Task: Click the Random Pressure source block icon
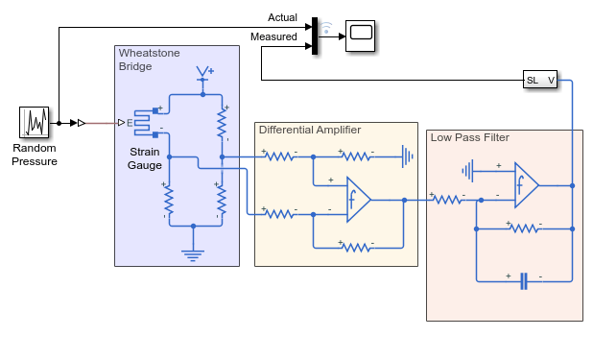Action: point(34,122)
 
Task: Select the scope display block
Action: point(361,36)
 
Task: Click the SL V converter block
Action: point(540,80)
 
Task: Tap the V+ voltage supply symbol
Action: point(204,73)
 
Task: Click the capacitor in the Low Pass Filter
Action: point(524,281)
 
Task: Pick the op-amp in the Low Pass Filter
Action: point(527,185)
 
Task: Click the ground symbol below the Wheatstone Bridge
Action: point(193,255)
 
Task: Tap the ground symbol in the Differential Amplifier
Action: point(408,156)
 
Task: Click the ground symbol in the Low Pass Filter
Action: point(467,171)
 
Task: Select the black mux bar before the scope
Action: point(315,36)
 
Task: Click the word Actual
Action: point(282,17)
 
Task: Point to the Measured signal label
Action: point(273,36)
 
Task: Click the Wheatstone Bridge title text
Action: point(149,60)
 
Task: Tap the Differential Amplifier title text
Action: point(310,130)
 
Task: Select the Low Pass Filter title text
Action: point(470,137)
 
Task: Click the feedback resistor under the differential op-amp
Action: point(357,247)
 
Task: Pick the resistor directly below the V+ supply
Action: point(222,124)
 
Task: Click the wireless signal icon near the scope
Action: point(326,28)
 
